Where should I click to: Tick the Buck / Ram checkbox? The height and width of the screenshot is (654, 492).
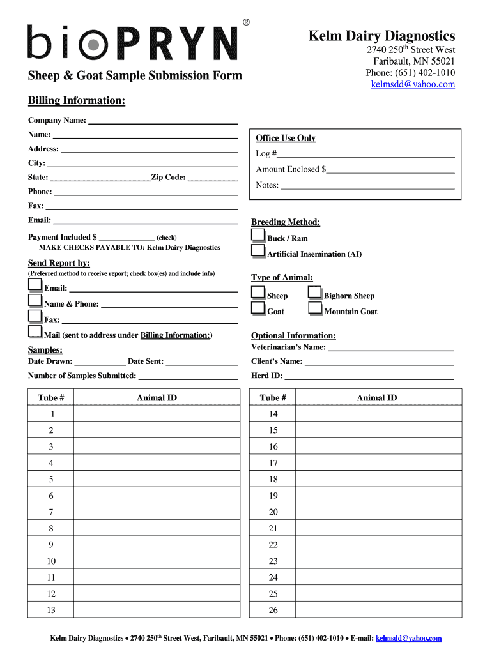(x=258, y=235)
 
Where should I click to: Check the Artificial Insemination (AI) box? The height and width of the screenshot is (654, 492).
(x=258, y=251)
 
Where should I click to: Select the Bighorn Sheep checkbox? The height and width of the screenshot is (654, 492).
(x=315, y=293)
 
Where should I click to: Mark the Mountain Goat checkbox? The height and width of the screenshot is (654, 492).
(x=315, y=308)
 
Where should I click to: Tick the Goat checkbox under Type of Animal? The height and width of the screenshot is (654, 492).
(x=258, y=308)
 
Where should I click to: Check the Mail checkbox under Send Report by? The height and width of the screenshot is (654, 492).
(x=35, y=331)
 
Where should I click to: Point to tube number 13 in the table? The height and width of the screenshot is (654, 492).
(x=51, y=610)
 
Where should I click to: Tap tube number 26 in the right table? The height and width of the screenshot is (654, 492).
(x=273, y=610)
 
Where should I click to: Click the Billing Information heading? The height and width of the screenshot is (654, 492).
(x=77, y=101)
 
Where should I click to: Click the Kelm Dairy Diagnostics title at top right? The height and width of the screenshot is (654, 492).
(x=382, y=36)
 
